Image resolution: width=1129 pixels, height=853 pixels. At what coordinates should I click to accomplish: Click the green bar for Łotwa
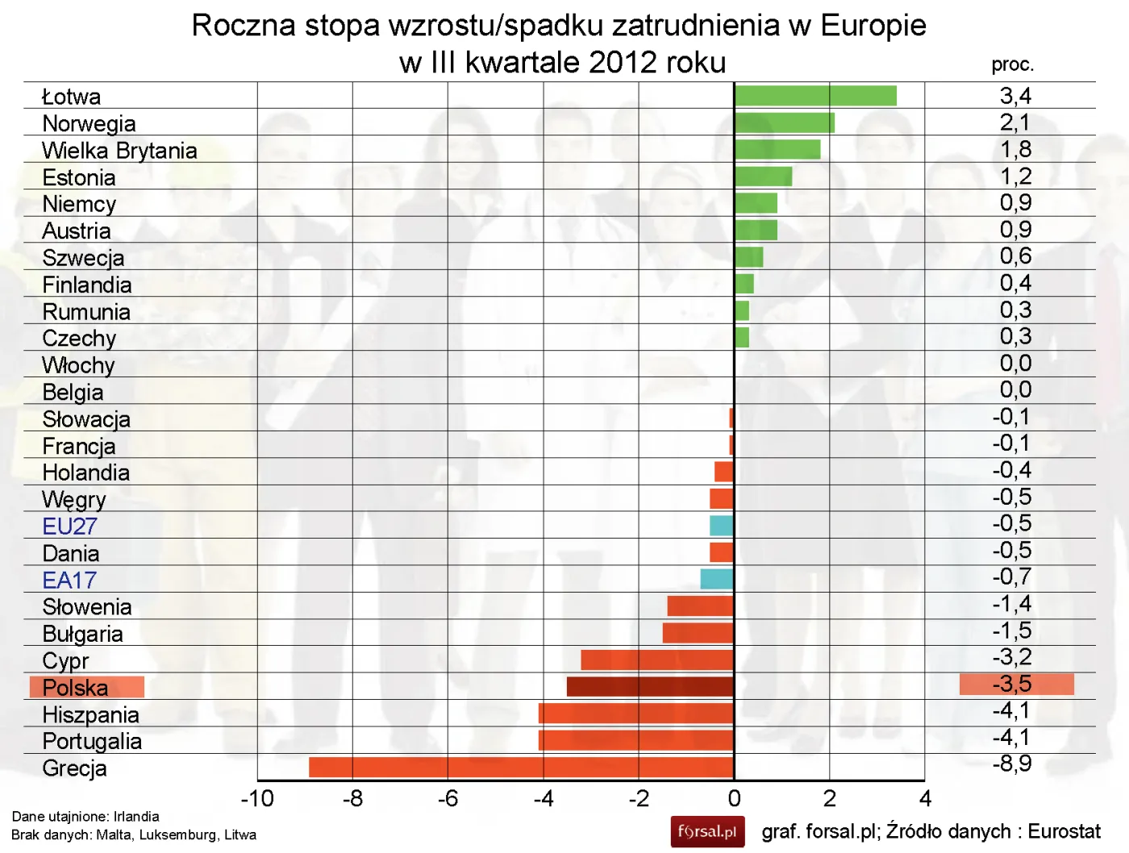(x=814, y=96)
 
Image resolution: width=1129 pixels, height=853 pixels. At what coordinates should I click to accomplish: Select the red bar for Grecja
(x=521, y=767)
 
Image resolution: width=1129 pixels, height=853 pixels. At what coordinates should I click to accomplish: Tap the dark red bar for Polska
(x=650, y=687)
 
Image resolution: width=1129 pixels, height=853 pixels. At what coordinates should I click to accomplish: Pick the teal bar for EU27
(x=721, y=526)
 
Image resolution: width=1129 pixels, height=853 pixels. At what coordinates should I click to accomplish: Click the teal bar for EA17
(x=716, y=579)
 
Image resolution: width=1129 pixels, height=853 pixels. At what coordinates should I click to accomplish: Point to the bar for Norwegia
(x=784, y=123)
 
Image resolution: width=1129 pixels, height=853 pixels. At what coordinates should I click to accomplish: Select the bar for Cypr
(x=657, y=660)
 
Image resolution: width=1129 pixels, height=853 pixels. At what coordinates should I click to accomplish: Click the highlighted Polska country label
(x=86, y=687)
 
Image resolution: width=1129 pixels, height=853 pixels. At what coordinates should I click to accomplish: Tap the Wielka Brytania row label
(x=119, y=151)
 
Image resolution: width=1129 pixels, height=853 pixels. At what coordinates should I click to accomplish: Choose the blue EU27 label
(x=69, y=526)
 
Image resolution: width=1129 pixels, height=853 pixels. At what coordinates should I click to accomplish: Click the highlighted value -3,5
(x=1015, y=684)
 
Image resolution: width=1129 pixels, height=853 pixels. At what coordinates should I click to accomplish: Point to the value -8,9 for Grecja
(x=1011, y=764)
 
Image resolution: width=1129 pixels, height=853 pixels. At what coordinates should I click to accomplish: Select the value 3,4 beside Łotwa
(x=1015, y=96)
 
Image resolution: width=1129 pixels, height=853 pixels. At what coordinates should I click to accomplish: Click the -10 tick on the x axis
(x=257, y=799)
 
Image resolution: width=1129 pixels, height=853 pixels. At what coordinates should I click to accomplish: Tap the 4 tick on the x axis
(x=925, y=799)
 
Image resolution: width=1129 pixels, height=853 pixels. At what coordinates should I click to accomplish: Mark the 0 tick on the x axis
(x=734, y=799)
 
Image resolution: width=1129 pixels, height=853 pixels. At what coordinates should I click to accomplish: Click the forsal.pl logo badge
(x=706, y=832)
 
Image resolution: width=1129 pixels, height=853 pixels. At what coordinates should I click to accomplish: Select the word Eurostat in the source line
(x=1064, y=831)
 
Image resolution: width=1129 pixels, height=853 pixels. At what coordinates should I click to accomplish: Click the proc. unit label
(x=1012, y=64)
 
